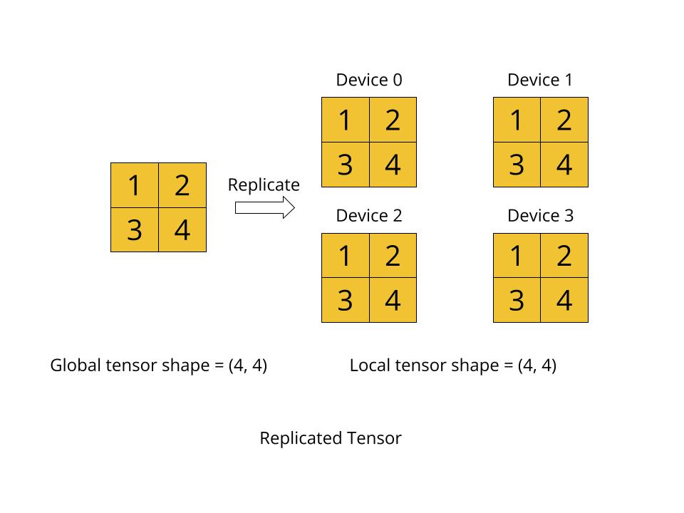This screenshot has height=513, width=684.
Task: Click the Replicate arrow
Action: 264,207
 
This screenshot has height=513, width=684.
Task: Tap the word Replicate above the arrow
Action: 264,185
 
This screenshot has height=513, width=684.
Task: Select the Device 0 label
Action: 369,80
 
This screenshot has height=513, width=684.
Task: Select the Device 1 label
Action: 540,80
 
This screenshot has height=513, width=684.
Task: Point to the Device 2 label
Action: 369,215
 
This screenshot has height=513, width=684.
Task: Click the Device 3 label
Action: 540,215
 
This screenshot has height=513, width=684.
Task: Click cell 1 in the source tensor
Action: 135,186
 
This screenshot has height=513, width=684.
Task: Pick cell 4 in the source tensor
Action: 182,230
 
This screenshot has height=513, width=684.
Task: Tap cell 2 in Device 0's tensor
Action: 393,120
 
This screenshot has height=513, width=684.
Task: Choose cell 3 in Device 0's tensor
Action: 346,165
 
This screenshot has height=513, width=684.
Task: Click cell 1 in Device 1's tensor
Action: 517,120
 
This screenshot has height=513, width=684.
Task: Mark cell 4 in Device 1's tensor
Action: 564,165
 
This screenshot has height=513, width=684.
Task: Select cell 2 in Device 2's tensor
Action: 393,256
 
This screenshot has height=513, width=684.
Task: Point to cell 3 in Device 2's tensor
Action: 346,300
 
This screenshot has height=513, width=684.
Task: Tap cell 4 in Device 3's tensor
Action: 564,300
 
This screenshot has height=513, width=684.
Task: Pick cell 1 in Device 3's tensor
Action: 517,256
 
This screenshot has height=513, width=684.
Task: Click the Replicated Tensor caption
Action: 331,437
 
